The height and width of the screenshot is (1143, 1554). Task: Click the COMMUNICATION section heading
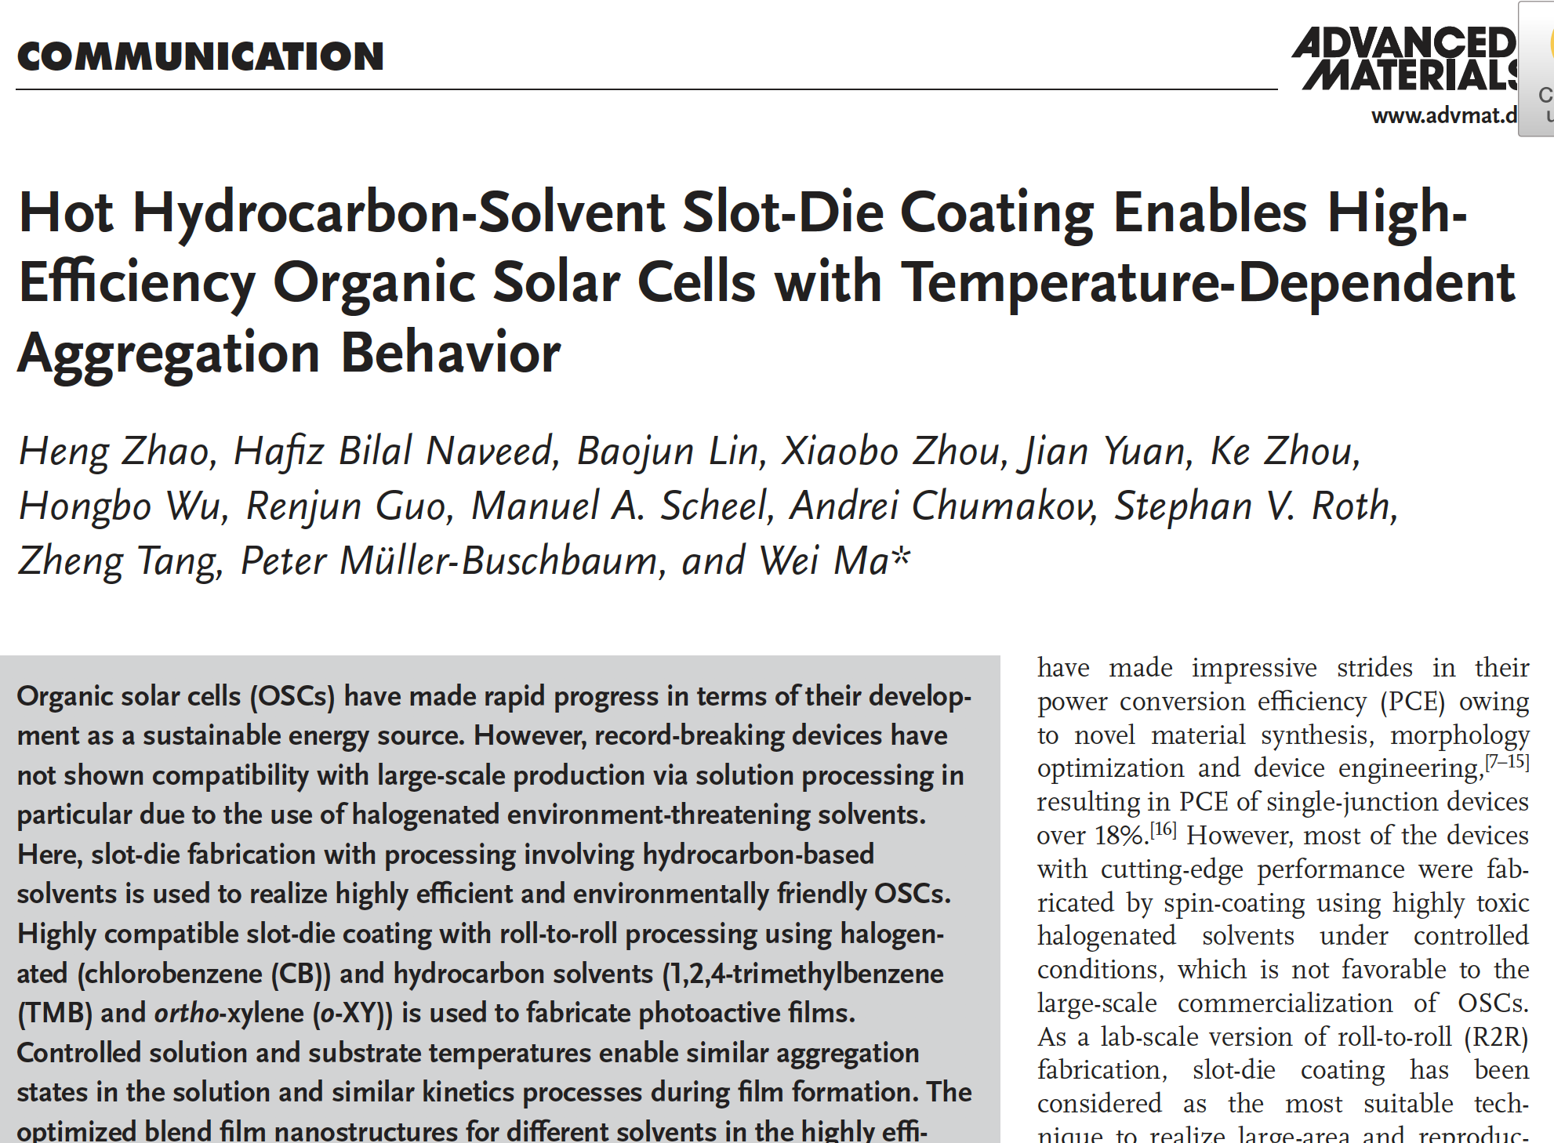click(201, 56)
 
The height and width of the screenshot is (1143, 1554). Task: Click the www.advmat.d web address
click(1443, 116)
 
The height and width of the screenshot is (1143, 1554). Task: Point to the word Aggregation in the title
click(169, 354)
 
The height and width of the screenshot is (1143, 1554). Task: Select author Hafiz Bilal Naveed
click(395, 452)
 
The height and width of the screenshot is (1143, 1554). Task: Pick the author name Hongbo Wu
click(122, 506)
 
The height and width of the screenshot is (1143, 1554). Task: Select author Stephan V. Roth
click(1255, 506)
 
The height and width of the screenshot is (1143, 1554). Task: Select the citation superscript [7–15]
click(1506, 761)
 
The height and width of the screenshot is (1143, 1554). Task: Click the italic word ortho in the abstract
click(187, 1013)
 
